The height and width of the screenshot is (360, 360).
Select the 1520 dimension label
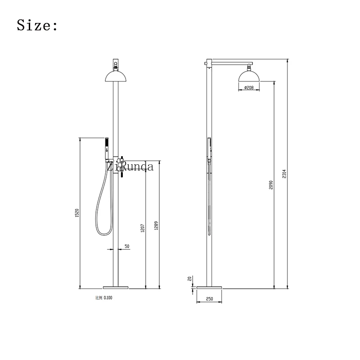(x=77, y=213)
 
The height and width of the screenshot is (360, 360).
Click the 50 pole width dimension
(x=127, y=246)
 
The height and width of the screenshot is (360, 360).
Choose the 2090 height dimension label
(x=271, y=185)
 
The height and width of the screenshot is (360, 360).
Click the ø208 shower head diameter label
(x=248, y=87)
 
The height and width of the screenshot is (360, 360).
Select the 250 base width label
(x=210, y=298)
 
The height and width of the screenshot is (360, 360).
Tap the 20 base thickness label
(x=190, y=279)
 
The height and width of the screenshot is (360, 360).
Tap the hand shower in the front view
(x=107, y=147)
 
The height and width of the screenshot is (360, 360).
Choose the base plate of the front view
(x=116, y=286)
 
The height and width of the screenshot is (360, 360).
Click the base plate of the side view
(x=210, y=286)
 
